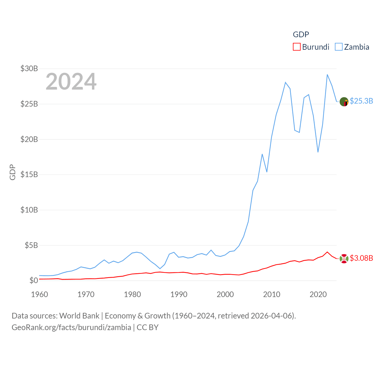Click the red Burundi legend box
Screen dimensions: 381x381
(297, 47)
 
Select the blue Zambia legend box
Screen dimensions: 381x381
(339, 47)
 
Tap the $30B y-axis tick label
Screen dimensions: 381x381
(29, 68)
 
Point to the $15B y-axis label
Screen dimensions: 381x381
(29, 174)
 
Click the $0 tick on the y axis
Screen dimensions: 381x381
(34, 280)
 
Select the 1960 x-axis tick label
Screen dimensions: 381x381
(40, 294)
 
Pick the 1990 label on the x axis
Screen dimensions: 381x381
(179, 294)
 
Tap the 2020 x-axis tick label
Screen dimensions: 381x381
(318, 294)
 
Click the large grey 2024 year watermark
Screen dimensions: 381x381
(71, 81)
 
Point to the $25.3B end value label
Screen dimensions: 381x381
(361, 101)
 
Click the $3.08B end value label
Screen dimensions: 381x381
(361, 258)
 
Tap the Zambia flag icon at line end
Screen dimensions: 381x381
(344, 102)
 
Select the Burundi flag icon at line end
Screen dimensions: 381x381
(344, 259)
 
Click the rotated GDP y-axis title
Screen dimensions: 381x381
(13, 172)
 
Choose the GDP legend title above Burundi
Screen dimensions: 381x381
(301, 35)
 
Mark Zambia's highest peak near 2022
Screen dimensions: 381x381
(327, 75)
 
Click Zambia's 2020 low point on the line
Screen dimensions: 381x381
(318, 152)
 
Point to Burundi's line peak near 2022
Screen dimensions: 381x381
(327, 252)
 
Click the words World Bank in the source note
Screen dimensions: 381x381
(79, 316)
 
